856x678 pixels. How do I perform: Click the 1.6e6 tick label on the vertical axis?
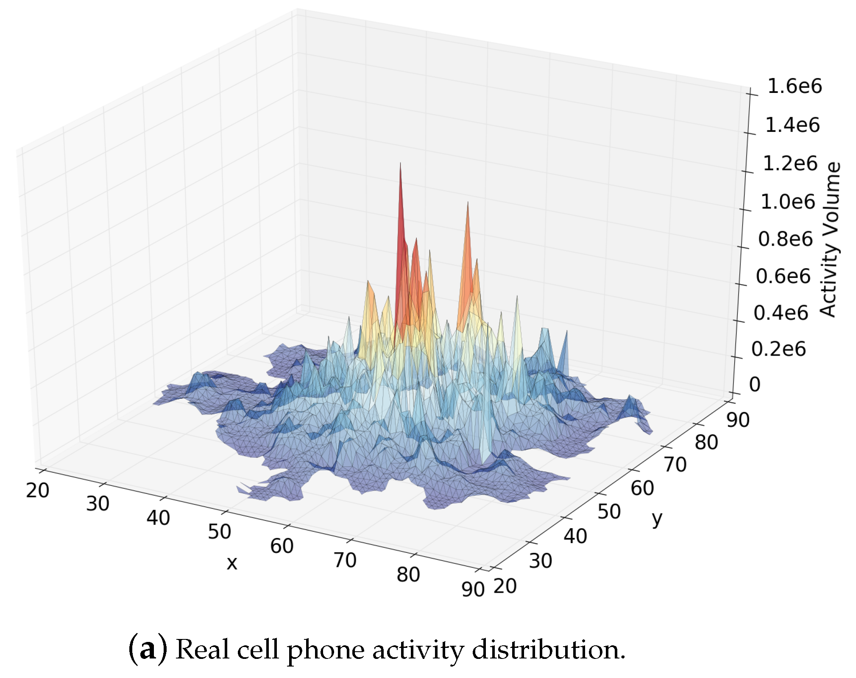[x=794, y=87]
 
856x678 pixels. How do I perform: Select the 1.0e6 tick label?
[x=788, y=202]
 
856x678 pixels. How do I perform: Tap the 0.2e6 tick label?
[x=778, y=349]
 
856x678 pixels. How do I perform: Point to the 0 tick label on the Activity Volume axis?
[x=755, y=384]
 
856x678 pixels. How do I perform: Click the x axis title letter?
[x=232, y=563]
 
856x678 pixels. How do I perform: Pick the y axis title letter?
[x=657, y=518]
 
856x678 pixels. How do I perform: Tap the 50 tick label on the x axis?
[x=219, y=532]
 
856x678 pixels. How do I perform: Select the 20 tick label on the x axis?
[x=37, y=490]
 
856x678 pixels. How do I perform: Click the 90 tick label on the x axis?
[x=473, y=589]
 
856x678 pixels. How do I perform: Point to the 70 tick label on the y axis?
[x=675, y=465]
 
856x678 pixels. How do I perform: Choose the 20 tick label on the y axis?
[x=505, y=586]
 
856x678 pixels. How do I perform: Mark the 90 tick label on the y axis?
[x=738, y=420]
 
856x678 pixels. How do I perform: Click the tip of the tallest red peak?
[x=400, y=163]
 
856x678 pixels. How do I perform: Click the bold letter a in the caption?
[x=147, y=650]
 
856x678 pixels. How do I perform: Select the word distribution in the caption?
[x=549, y=650]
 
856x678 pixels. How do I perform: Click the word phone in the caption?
[x=326, y=650]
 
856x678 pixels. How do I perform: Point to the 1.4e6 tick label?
[x=792, y=126]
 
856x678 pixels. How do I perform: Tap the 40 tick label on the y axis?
[x=575, y=536]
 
